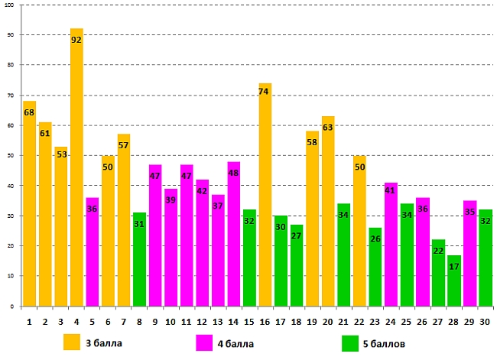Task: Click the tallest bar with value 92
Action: [76, 168]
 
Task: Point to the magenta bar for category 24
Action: [391, 245]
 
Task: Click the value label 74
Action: [265, 92]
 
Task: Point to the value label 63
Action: [328, 128]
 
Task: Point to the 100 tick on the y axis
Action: [11, 5]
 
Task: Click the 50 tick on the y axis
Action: [11, 156]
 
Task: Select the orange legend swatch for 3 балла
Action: [72, 342]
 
